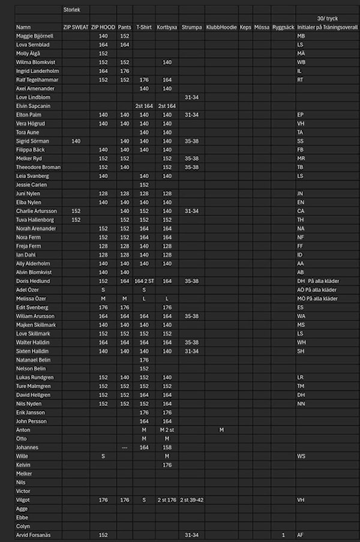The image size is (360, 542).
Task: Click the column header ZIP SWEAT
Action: (76, 28)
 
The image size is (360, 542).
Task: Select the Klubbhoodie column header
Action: (221, 28)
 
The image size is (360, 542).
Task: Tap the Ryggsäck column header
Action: (283, 28)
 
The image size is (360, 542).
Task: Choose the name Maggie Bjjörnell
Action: (35, 36)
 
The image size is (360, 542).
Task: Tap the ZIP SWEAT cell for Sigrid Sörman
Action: (76, 141)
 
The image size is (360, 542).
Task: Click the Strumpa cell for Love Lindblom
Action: (191, 97)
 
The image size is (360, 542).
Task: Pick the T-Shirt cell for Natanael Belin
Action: (144, 360)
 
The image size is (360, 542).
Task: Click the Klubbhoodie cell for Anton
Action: (221, 430)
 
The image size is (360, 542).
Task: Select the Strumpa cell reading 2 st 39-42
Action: (191, 499)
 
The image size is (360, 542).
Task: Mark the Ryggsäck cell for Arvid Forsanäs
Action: (283, 534)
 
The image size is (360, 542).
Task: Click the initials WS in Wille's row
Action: (301, 456)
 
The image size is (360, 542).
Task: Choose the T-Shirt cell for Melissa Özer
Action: (144, 298)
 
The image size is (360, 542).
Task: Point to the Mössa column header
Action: (262, 28)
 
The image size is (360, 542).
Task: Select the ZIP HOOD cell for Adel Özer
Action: (103, 290)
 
